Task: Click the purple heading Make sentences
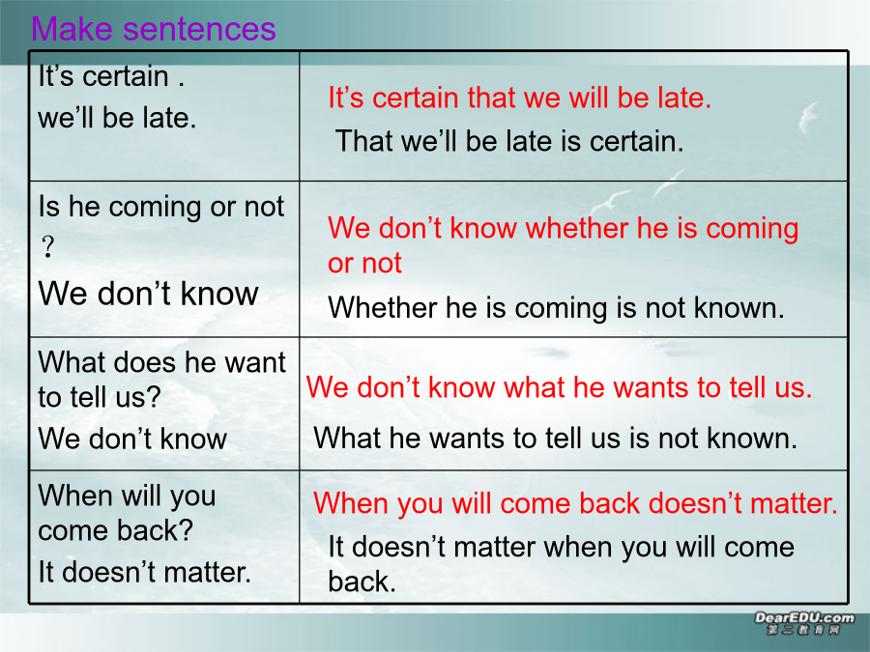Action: click(153, 29)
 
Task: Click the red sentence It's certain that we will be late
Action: click(519, 98)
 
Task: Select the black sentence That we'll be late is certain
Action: click(509, 141)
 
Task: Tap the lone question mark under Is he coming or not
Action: click(49, 246)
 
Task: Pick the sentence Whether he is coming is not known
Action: click(556, 308)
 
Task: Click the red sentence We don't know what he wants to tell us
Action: click(559, 387)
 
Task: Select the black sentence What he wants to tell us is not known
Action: click(556, 438)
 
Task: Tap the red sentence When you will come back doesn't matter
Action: click(575, 503)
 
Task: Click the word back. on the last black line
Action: click(362, 581)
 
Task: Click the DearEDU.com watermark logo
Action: click(804, 623)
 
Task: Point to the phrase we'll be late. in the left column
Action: click(117, 118)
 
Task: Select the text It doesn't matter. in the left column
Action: click(144, 572)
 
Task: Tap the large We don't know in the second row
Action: click(148, 294)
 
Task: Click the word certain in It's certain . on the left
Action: click(126, 76)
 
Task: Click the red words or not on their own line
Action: click(364, 263)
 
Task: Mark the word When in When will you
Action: click(73, 496)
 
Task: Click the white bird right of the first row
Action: click(808, 117)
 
